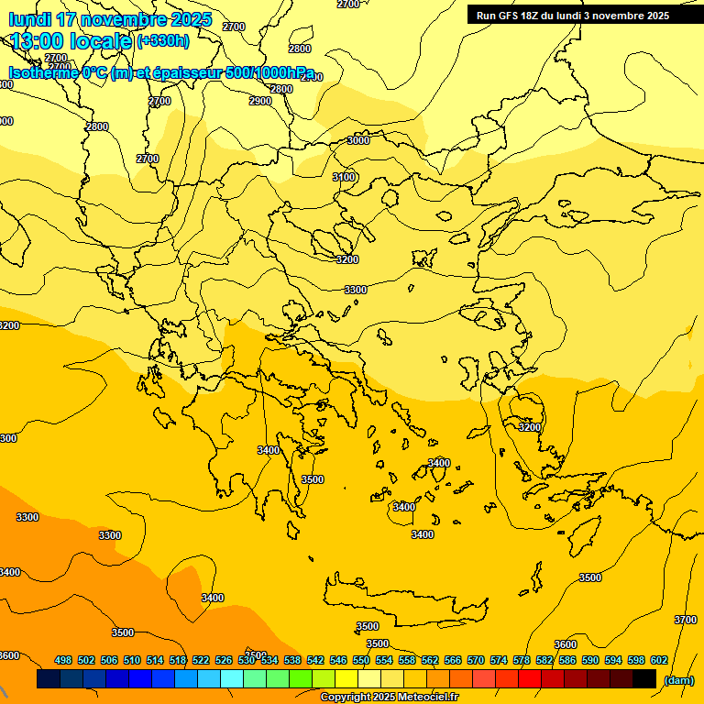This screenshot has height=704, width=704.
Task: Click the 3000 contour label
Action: point(358,140)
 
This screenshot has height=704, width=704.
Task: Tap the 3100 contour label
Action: point(344,177)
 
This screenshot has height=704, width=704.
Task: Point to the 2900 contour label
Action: point(260,101)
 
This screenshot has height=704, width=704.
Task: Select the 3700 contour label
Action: point(686,621)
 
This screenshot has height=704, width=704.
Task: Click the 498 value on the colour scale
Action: point(63,660)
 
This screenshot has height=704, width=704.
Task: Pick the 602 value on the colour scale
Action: point(659,660)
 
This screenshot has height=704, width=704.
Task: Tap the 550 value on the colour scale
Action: point(361,660)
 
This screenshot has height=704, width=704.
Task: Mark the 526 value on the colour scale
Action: point(224,660)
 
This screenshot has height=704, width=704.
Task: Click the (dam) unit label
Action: point(678,680)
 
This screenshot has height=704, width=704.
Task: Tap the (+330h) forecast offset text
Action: point(163,41)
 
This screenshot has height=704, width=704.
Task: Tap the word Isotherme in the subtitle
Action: point(44,73)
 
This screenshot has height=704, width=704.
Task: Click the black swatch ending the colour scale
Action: point(644,679)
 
